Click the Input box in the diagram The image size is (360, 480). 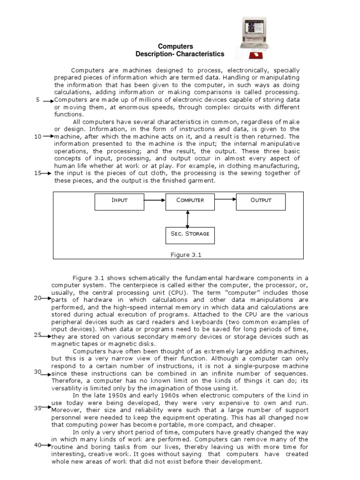pos(119,200)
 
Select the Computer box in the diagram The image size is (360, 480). pos(190,200)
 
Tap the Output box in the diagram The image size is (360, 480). pos(261,200)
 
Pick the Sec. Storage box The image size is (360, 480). pos(190,234)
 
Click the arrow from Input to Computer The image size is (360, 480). pos(154,200)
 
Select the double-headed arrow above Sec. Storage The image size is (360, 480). pos(188,218)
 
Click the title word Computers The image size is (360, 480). pos(175,46)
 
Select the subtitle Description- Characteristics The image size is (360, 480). pos(180,54)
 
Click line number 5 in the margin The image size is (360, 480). pos(37,100)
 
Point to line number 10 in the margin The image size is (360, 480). pos(38,136)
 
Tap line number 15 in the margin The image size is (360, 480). pos(38,173)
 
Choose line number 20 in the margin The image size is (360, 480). pos(38,298)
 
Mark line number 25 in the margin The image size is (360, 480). pos(38,335)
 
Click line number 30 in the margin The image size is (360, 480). pos(38,372)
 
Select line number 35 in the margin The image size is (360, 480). pos(38,408)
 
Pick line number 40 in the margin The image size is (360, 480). pos(38,445)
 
